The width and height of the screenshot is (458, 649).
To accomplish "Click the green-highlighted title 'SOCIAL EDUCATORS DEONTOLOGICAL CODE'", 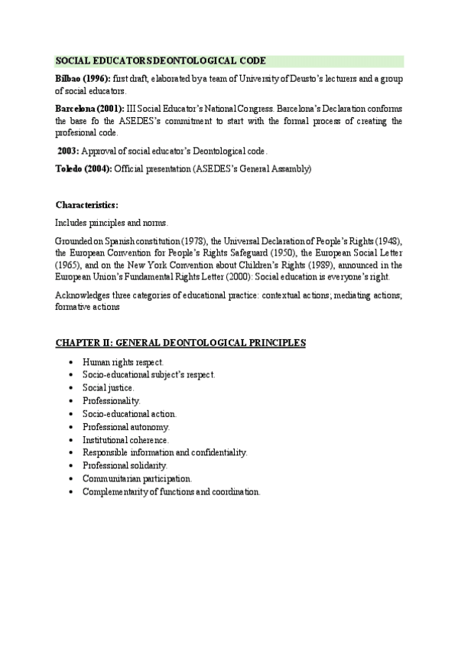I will click(x=161, y=61).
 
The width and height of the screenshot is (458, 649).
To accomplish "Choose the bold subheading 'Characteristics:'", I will click(x=87, y=205).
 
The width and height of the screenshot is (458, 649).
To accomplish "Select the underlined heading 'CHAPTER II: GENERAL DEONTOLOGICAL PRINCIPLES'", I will click(x=180, y=343).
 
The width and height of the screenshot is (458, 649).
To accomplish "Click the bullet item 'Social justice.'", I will click(x=109, y=387).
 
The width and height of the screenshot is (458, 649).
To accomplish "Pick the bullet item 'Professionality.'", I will click(x=112, y=400).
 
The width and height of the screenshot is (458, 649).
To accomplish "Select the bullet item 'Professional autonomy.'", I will click(x=126, y=426).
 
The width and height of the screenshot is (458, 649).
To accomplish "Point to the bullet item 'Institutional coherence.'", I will click(x=126, y=440).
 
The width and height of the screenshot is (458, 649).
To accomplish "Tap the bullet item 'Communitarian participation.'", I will click(x=137, y=478).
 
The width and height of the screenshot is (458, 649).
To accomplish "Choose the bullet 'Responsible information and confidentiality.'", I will click(x=165, y=452).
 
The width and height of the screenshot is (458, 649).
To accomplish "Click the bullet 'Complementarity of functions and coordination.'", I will click(x=171, y=491).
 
